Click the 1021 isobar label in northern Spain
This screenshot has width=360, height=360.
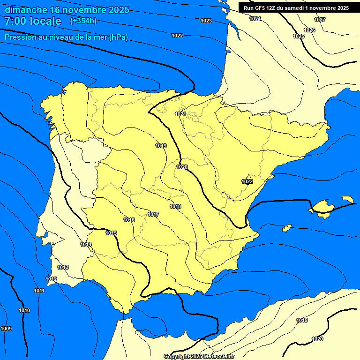[180, 114]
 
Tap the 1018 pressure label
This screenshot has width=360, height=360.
[175, 206]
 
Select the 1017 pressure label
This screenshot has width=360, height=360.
[153, 214]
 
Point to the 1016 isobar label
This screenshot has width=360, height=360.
[129, 220]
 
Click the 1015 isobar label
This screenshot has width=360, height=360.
[111, 233]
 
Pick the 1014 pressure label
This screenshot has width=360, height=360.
[86, 244]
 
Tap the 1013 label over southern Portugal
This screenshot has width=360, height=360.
[63, 267]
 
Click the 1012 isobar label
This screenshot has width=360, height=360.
[51, 279]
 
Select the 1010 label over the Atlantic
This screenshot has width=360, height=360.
[24, 310]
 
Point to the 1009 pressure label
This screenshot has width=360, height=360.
[6, 328]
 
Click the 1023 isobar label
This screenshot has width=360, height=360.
[206, 21]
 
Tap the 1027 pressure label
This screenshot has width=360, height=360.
[320, 20]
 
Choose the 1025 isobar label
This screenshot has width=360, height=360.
[298, 36]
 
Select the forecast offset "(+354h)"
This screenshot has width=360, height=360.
[83, 21]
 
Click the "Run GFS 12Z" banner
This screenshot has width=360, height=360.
[296, 8]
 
